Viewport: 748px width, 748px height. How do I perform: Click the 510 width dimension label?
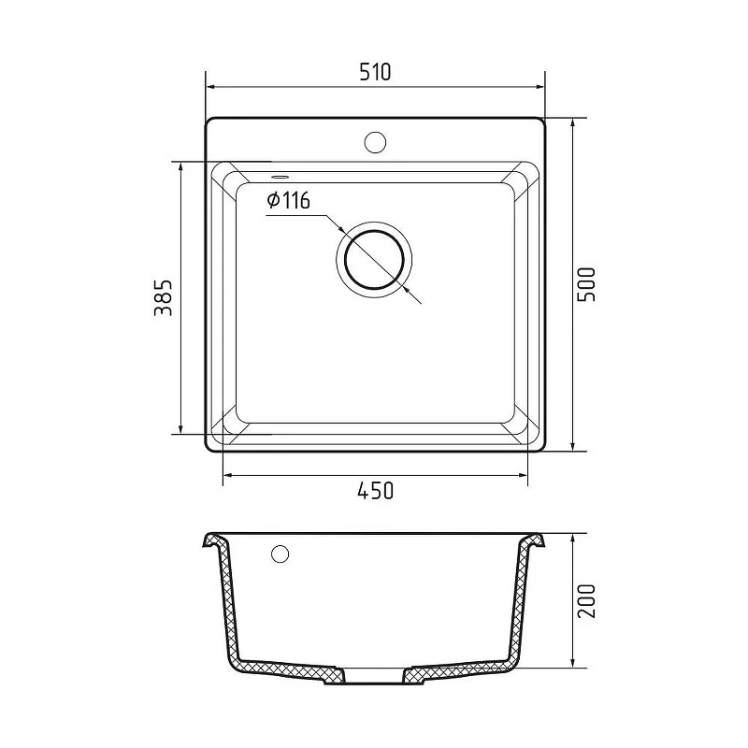tap(375, 72)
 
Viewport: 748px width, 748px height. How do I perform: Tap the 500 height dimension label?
tap(586, 284)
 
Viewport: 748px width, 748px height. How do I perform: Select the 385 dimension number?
tap(163, 298)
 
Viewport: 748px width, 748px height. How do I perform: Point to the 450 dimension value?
tap(376, 490)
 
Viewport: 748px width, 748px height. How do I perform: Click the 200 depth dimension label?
tap(586, 601)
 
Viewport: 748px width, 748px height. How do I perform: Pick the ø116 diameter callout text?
tap(289, 200)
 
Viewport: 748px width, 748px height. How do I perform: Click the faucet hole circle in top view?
tap(375, 142)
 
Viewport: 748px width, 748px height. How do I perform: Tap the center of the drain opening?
tap(375, 260)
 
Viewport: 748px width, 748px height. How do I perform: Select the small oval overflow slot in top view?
tap(280, 177)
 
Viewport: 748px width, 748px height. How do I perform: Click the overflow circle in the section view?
tap(280, 554)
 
